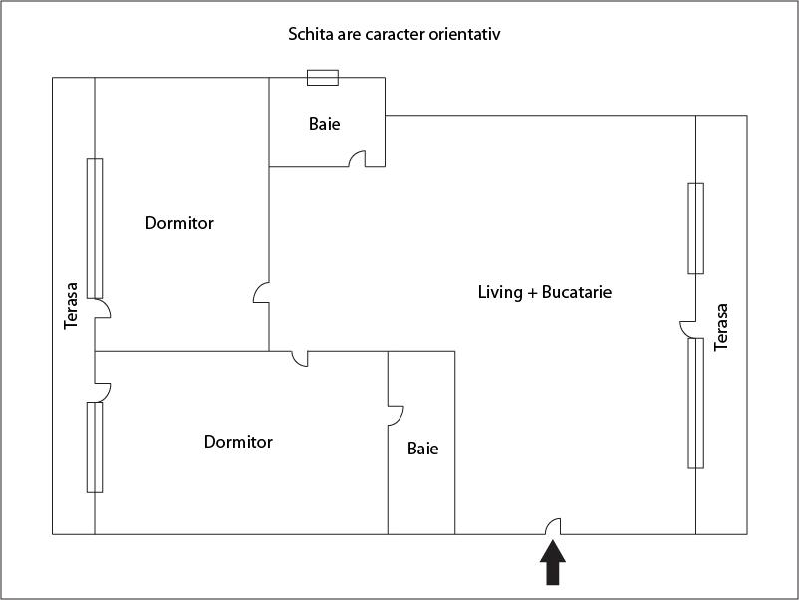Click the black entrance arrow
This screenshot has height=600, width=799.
coord(553,563)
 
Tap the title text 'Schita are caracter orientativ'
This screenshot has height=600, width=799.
coord(394,34)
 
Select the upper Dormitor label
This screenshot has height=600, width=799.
coord(179,223)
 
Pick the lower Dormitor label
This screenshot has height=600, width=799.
coord(238,441)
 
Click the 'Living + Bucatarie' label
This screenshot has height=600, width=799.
coord(545,292)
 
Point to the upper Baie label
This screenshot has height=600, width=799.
coord(324,124)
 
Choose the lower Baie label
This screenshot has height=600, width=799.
coord(423,449)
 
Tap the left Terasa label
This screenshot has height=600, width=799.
coord(71,306)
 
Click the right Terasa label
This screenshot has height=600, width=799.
coord(721,327)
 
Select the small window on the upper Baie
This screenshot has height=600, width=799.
coord(323,78)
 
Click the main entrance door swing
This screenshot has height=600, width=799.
coord(553,527)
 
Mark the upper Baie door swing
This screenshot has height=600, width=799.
coord(358,159)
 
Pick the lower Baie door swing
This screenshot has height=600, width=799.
coord(396,416)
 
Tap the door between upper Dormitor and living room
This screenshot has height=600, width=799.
coord(261,293)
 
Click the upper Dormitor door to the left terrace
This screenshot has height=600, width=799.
coord(103,308)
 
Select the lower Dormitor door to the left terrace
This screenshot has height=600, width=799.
coord(103,392)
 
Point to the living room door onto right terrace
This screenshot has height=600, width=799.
coord(687,329)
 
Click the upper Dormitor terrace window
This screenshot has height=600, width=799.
coord(95,228)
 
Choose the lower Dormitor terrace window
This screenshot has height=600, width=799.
coord(95,448)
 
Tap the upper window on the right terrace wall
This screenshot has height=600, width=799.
coord(696,228)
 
